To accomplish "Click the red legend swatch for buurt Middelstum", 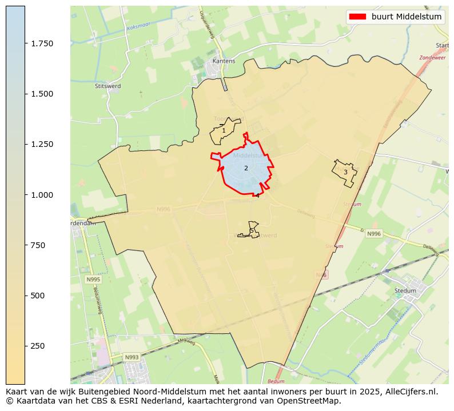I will point(357,17).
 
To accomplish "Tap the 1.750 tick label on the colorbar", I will point(41,43).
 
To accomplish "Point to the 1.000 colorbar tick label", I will point(41,195).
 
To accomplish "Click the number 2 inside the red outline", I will point(246,168).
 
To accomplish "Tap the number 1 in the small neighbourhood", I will point(224,131).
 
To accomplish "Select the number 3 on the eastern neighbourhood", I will point(345,172).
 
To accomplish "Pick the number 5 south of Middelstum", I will point(252,231).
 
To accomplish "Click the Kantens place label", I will point(224,61).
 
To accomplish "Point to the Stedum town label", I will point(405,290).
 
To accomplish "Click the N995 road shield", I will point(93,280).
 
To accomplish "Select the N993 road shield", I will point(132,357).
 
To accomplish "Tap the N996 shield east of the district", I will point(374,234).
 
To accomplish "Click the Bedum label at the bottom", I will point(276,381).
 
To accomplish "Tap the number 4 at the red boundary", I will point(257,195).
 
